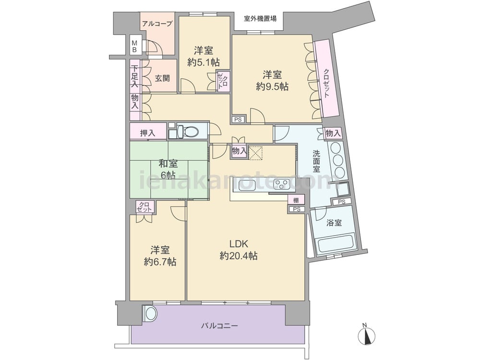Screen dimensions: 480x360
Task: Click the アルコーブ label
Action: tap(157, 24)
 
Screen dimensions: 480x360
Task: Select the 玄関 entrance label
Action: tap(162, 78)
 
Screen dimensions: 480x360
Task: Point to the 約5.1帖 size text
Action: tap(204, 62)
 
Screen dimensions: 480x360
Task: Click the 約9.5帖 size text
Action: tap(272, 86)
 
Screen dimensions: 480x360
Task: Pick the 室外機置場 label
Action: tap(260, 19)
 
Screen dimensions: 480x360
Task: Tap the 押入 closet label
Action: tap(147, 133)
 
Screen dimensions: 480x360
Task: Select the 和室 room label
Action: tap(167, 164)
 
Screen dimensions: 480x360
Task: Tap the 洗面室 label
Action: tap(316, 161)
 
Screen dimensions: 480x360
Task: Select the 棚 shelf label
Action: tap(296, 201)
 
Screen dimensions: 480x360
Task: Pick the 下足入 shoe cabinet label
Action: tap(135, 76)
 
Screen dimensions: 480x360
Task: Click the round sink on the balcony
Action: tap(150, 313)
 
